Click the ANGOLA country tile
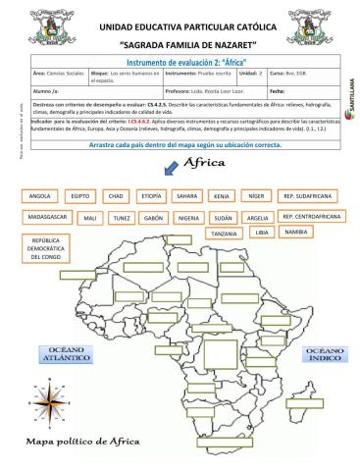40,195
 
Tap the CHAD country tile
116,195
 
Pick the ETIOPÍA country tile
151,195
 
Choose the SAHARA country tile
187,195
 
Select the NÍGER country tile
257,195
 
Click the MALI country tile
89,217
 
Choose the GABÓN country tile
152,217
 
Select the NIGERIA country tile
189,217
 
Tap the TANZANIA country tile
224,234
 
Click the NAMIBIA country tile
295,232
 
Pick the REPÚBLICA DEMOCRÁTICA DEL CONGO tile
46,249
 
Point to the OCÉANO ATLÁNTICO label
64,353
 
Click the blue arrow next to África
171,168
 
